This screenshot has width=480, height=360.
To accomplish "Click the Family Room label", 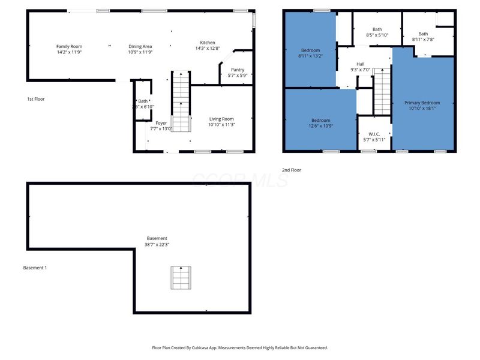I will coord(69,46).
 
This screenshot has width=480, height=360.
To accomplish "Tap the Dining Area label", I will coord(140,46).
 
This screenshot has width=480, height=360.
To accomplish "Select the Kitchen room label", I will coord(208,43).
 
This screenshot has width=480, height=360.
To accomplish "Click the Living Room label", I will coord(221,119).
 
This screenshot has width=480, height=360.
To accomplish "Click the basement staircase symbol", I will coord(181,277).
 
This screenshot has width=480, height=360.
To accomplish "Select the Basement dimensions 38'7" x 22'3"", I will coord(156,245).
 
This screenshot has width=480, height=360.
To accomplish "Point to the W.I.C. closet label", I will coord(374,134).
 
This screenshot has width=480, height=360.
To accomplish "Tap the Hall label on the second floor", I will coord(360,64).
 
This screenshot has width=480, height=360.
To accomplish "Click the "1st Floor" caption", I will coord(35,99).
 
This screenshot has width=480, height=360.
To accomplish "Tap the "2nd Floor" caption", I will coord(292,170).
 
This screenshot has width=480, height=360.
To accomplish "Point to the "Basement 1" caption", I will coord(34,268).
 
